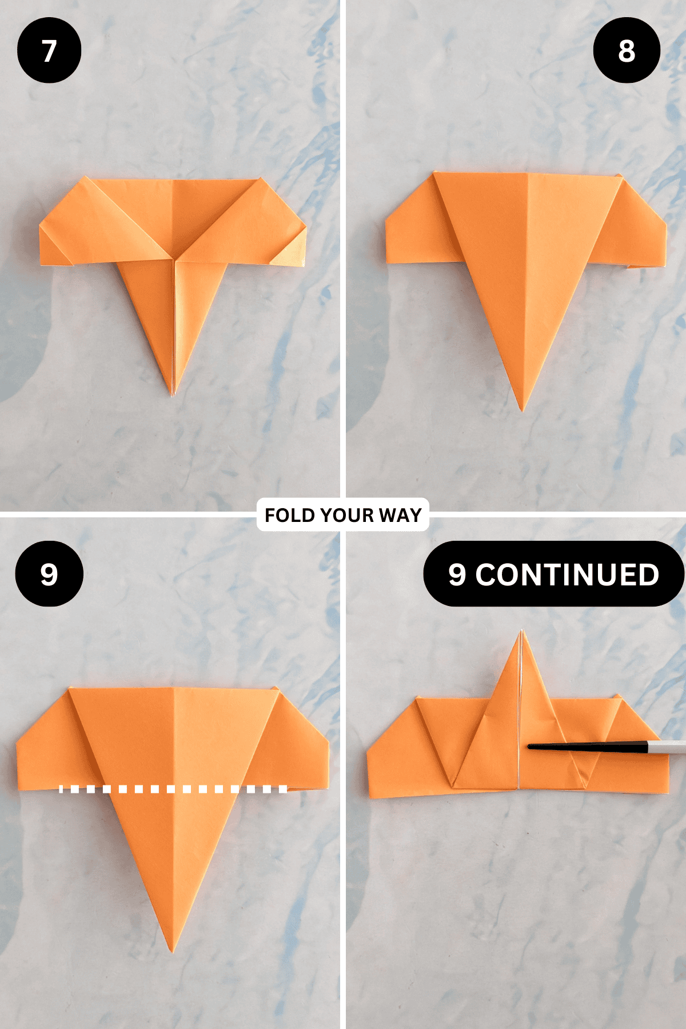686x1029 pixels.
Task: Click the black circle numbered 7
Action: pyautogui.click(x=49, y=50)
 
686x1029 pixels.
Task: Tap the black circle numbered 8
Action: pyautogui.click(x=627, y=50)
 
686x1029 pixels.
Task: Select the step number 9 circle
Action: pyautogui.click(x=49, y=573)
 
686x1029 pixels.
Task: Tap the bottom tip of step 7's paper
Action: pyautogui.click(x=173, y=393)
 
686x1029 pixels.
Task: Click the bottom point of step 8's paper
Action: pyautogui.click(x=521, y=409)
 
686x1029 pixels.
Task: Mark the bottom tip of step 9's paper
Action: pyautogui.click(x=172, y=951)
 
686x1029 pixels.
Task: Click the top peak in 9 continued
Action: pyautogui.click(x=521, y=632)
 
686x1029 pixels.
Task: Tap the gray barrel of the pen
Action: pyautogui.click(x=666, y=747)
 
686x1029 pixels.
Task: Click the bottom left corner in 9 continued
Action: pyautogui.click(x=371, y=796)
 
